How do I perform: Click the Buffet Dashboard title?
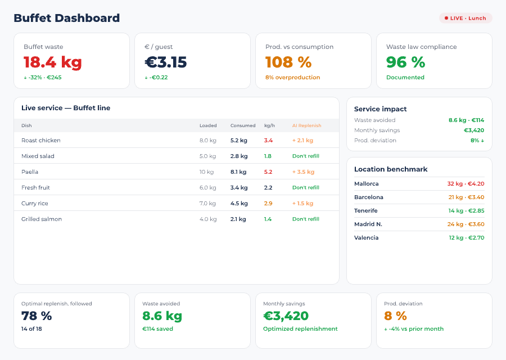66,18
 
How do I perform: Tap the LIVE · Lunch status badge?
466,18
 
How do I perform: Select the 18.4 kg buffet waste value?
53,62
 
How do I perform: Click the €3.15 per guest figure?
165,62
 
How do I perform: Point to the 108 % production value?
288,62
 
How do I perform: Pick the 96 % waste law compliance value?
405,62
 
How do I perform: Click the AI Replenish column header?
306,125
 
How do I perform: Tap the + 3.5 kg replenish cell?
303,172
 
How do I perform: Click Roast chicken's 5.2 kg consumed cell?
238,140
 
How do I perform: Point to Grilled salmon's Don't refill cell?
305,219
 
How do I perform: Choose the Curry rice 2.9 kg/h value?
268,203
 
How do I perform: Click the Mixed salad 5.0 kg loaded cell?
207,156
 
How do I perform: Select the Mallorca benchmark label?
366,183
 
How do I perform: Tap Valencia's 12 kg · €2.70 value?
466,237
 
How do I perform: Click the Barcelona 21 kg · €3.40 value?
466,197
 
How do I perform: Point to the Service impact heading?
380,109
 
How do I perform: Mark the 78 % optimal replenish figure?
37,316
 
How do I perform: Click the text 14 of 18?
31,328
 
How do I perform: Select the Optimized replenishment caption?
300,328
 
